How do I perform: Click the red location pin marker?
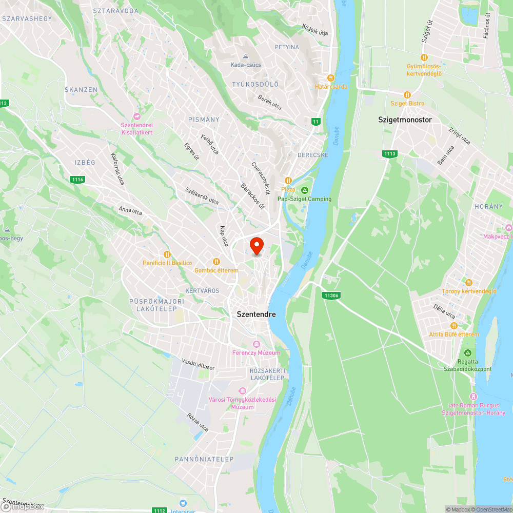tap(256, 245)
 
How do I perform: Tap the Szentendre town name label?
tap(256, 314)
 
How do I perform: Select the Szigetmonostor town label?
tap(405, 120)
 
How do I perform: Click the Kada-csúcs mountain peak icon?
tap(246, 56)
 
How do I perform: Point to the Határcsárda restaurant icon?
tap(331, 78)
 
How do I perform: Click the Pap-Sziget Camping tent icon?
tap(305, 190)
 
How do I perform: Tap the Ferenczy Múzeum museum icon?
tap(256, 344)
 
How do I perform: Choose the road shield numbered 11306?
tap(331, 295)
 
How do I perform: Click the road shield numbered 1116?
tap(78, 179)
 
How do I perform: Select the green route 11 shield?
tap(315, 122)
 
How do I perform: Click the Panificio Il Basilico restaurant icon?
tap(167, 254)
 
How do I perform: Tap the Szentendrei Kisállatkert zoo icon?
tap(136, 116)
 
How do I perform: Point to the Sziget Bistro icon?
tap(407, 95)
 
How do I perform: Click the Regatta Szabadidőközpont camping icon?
tap(467, 353)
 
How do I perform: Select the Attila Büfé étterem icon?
tap(453, 326)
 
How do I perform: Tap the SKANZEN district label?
tap(81, 90)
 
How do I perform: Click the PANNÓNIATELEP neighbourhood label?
tap(204, 459)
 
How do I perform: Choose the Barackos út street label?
tap(252, 196)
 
